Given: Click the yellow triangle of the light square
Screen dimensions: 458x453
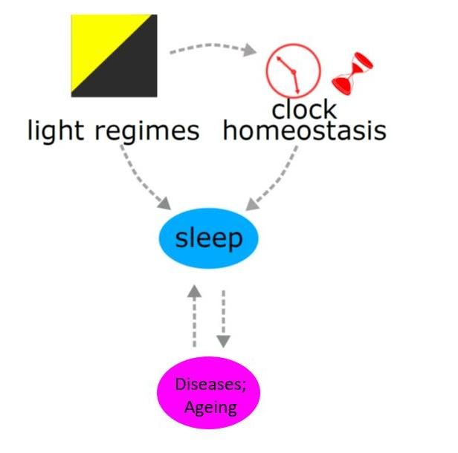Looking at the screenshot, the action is (100, 41).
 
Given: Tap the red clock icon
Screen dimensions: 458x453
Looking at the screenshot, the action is (293, 71).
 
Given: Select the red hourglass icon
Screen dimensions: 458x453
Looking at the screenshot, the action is (352, 74).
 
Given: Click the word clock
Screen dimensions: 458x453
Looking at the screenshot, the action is (304, 109).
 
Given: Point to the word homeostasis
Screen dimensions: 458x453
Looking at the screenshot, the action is (305, 131).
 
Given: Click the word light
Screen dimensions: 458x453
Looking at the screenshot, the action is (56, 132).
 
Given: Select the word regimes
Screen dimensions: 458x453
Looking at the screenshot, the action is (147, 133).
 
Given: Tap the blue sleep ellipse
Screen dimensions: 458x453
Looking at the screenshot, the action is (208, 238).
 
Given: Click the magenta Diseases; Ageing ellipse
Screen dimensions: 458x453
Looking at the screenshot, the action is (208, 393).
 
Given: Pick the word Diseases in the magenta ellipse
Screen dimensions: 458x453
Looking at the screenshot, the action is (210, 384).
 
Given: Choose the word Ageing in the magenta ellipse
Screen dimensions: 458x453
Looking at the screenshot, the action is (210, 408).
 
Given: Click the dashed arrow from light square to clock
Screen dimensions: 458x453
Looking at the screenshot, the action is (213, 46).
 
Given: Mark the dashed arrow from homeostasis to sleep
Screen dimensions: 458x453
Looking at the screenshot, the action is (277, 180).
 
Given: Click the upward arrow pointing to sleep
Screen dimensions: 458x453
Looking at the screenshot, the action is (194, 316).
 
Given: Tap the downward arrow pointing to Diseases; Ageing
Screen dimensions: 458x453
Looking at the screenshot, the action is (224, 319).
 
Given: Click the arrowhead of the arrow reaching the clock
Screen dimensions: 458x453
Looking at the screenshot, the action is (250, 50).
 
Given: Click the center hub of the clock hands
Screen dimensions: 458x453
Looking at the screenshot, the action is (293, 71).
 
